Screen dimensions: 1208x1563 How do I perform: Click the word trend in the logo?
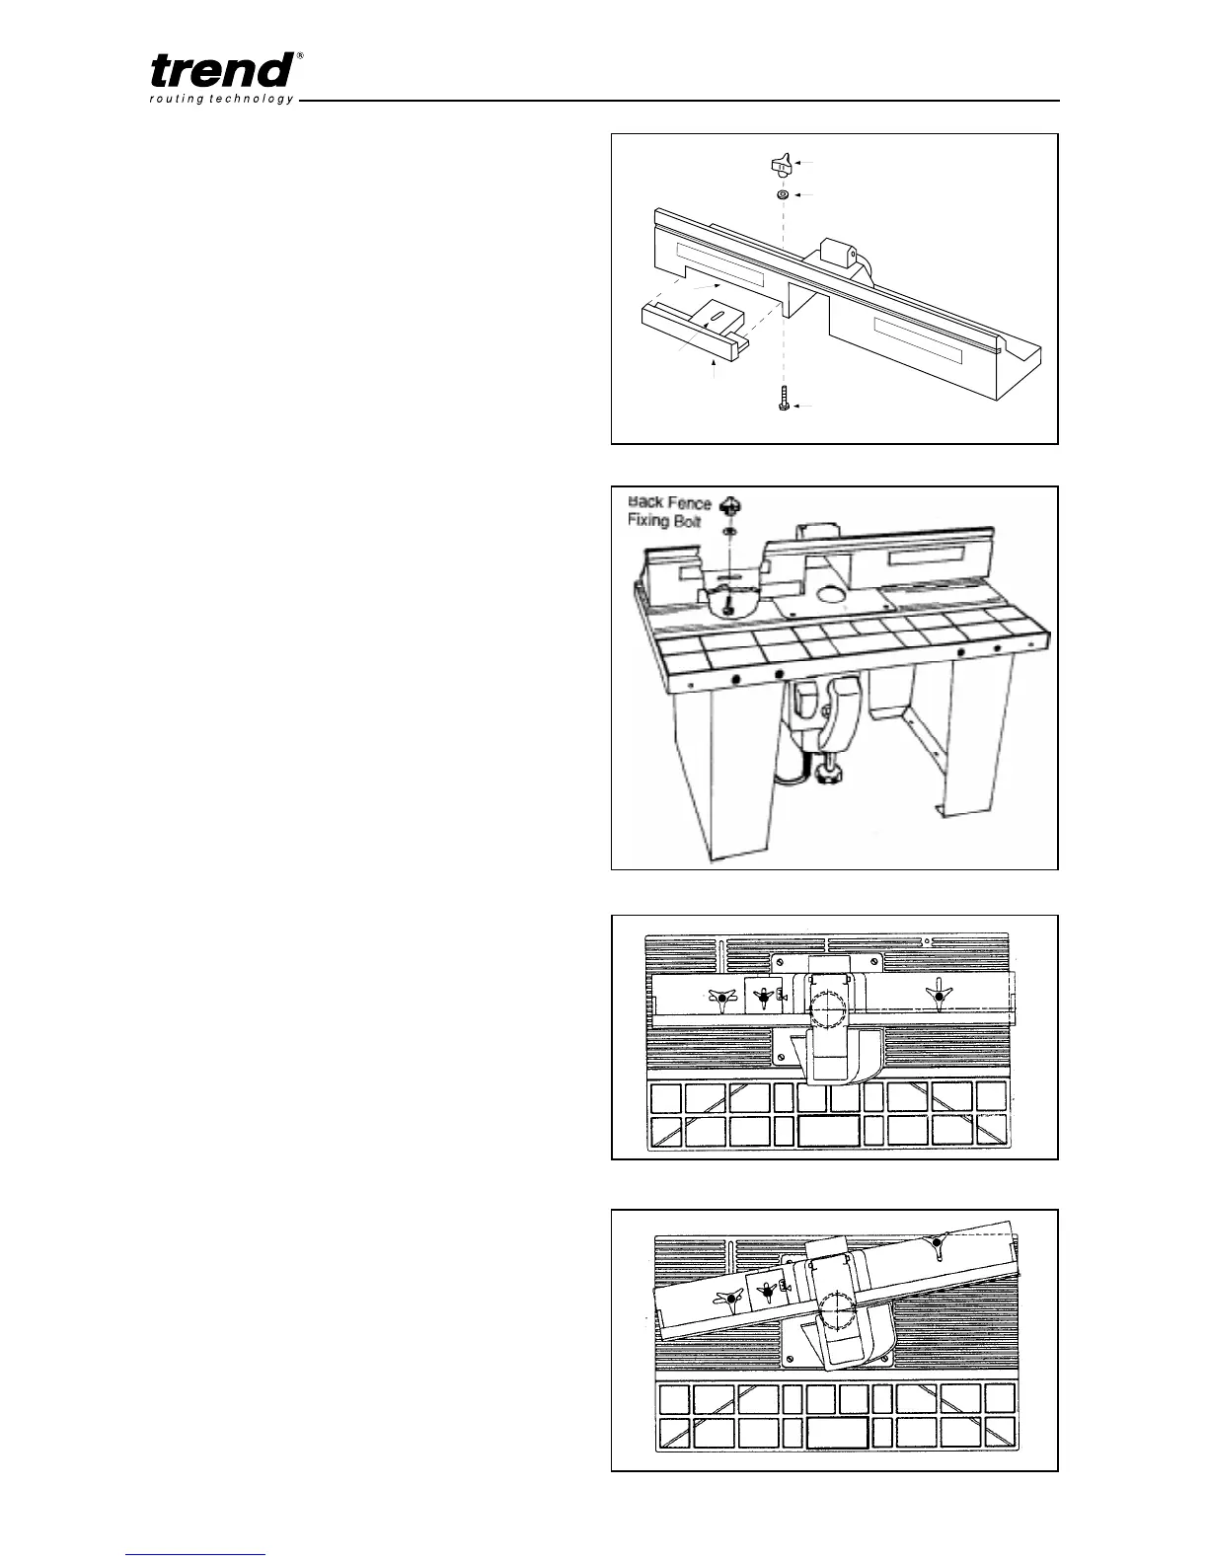point(221,70)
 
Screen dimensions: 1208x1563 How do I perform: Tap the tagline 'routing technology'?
point(221,100)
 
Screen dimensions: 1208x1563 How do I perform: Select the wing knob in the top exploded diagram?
point(782,165)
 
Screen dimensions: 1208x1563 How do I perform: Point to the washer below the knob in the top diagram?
point(782,195)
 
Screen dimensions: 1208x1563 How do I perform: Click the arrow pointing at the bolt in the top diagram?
point(806,407)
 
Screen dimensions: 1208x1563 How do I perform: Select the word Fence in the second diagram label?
point(689,503)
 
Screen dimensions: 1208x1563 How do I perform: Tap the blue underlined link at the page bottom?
point(196,1554)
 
